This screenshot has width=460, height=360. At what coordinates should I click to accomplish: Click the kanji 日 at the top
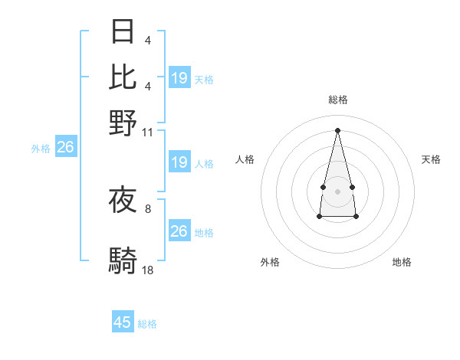(x=123, y=31)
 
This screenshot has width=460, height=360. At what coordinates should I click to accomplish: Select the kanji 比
(x=123, y=77)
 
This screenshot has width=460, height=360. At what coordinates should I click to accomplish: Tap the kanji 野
(x=123, y=123)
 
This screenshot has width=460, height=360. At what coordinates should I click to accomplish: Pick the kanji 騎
(x=123, y=261)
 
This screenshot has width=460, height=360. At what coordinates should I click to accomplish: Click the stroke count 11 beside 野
(x=148, y=132)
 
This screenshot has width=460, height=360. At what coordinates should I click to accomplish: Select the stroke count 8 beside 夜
(x=148, y=208)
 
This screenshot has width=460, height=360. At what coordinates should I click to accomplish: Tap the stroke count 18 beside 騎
(x=148, y=270)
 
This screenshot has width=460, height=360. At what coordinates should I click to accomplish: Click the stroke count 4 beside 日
(x=148, y=41)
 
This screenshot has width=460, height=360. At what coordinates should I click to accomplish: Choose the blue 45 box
(x=123, y=322)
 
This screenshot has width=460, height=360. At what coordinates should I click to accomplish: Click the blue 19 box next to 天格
(x=179, y=78)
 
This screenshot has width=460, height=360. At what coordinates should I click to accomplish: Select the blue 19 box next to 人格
(x=179, y=162)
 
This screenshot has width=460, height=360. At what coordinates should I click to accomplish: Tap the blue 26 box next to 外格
(x=65, y=148)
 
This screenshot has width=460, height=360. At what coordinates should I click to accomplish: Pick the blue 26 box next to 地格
(x=179, y=231)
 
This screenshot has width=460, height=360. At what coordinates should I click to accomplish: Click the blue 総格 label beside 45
(x=147, y=324)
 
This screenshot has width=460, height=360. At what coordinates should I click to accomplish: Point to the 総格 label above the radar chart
(x=337, y=100)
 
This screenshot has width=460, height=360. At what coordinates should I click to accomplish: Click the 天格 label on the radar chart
(x=431, y=159)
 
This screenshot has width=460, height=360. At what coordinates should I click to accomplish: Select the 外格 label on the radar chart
(x=270, y=262)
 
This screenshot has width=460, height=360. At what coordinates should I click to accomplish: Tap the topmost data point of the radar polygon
(x=337, y=129)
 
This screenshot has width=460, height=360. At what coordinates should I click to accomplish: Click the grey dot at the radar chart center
(x=337, y=191)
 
